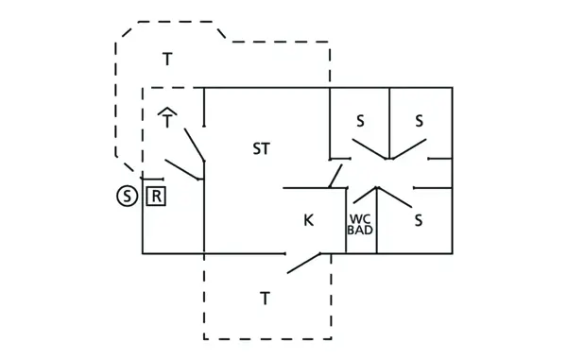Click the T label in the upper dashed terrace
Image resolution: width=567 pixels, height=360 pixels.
coord(167,60)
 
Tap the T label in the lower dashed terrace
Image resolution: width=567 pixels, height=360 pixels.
coord(266,299)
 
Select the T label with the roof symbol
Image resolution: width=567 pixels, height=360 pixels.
coord(167,120)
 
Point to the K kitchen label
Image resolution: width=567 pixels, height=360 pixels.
coord(308,220)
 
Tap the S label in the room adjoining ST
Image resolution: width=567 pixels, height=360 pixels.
coord(360,121)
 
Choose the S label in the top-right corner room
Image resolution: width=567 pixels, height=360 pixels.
coord(420,121)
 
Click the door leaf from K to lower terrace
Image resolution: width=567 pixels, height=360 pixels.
coord(304,264)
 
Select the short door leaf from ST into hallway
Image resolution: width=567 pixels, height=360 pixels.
coord(335,175)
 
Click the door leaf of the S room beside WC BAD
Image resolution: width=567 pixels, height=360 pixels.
coord(395,197)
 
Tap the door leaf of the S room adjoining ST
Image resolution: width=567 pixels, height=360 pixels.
coord(369,149)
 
